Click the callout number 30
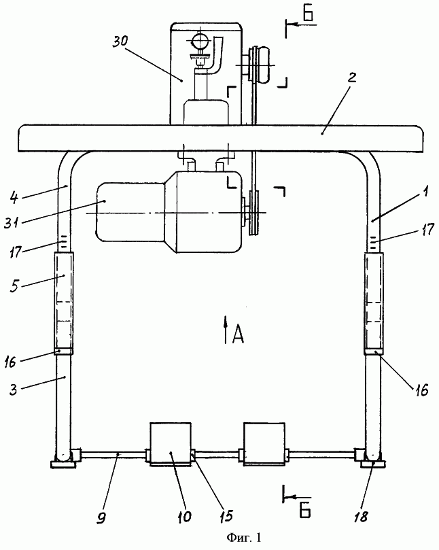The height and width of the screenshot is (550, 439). pyautogui.click(x=120, y=41)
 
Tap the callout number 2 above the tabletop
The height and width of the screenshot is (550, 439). pyautogui.click(x=352, y=78)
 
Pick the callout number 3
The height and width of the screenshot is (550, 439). pyautogui.click(x=14, y=390)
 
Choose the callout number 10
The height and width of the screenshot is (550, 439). pyautogui.click(x=184, y=516)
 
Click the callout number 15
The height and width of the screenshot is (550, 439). pyautogui.click(x=226, y=515)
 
